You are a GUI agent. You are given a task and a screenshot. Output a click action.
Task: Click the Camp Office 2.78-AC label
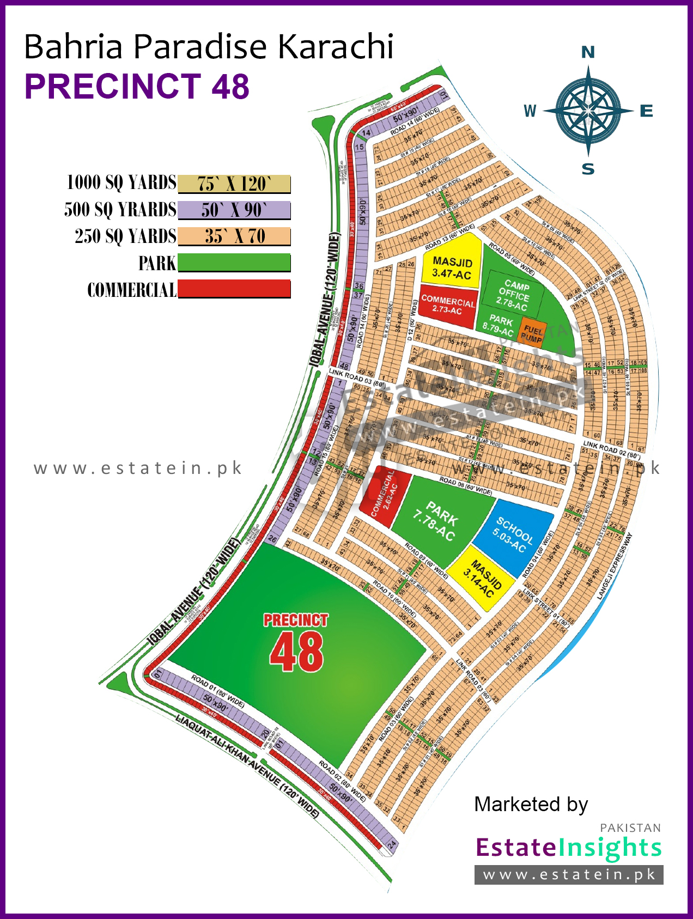[x=514, y=295]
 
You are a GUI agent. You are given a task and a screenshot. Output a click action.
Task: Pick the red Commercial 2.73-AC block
[x=447, y=305]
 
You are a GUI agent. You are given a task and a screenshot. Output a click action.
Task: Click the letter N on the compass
[x=588, y=52]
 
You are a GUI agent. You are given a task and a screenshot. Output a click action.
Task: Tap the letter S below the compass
[x=588, y=169]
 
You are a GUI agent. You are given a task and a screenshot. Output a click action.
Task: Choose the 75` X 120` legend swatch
[x=234, y=184]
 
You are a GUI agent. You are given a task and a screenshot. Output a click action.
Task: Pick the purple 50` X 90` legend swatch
[x=234, y=210]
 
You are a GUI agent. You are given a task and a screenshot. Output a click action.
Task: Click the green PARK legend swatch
[x=234, y=263]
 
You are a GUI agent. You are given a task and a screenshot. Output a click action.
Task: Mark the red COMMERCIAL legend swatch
[x=234, y=289]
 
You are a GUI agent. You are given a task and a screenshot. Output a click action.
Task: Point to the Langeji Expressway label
[x=615, y=567]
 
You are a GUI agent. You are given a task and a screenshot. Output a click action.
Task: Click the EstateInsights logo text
[x=568, y=848]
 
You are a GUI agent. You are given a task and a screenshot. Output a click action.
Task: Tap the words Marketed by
[x=531, y=804]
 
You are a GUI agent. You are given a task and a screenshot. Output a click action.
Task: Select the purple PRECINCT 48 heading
[x=137, y=87]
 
